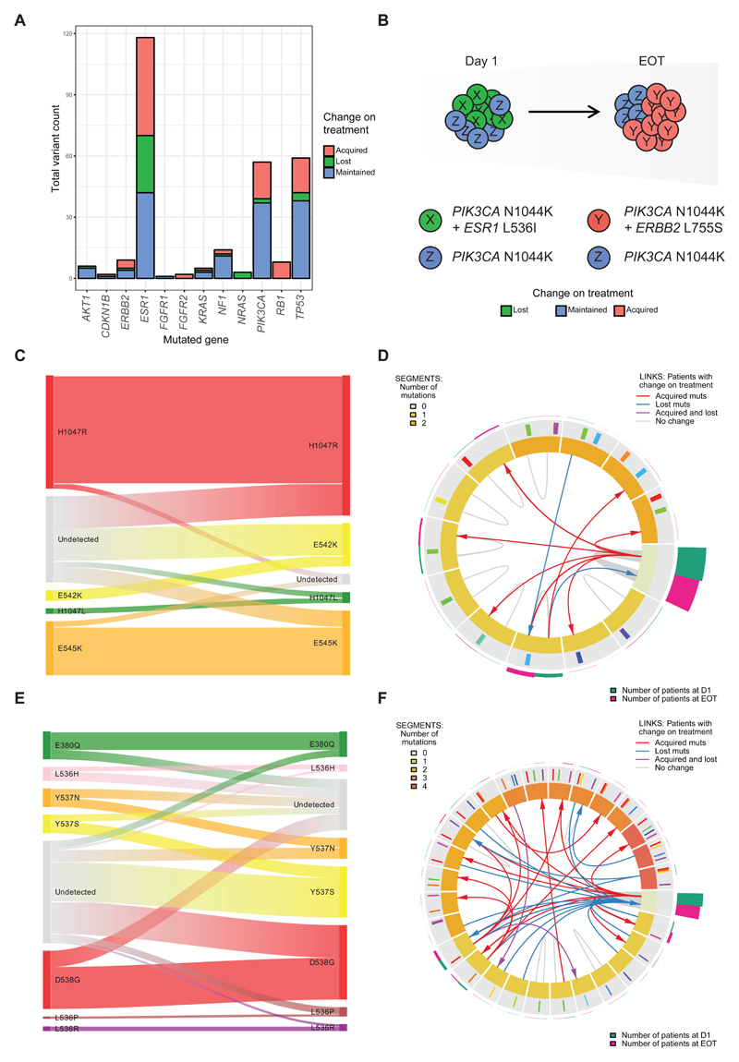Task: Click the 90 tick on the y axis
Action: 67,95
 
